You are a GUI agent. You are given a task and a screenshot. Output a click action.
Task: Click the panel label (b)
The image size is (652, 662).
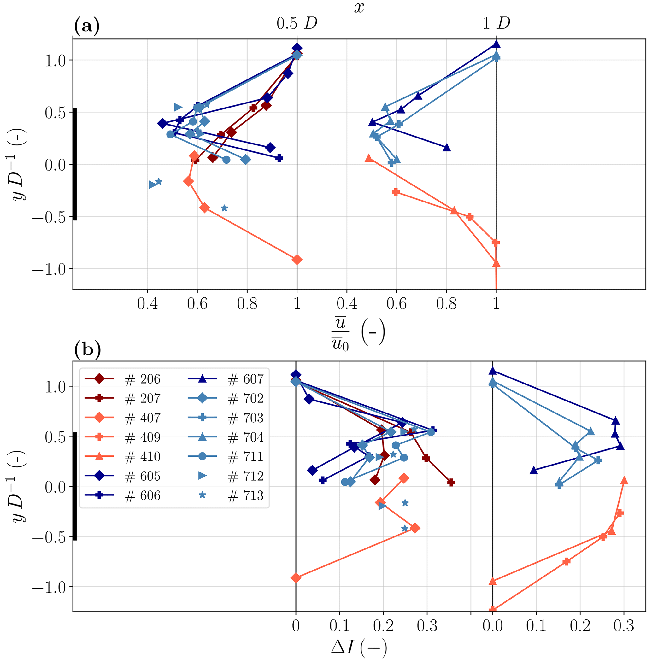pos(87,349)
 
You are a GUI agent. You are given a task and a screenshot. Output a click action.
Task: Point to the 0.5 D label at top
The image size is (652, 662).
pos(297,23)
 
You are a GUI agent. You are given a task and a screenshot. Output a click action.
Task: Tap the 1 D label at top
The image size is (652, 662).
pos(496,23)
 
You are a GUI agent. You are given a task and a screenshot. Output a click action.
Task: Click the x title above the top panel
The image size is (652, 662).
pos(359,7)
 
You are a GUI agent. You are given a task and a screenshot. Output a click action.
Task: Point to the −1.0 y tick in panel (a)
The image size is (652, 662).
pos(49,269)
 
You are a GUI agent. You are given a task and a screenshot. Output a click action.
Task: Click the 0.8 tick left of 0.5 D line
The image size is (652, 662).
pos(247,303)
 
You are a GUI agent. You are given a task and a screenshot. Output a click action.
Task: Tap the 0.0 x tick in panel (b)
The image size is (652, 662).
pos(492,626)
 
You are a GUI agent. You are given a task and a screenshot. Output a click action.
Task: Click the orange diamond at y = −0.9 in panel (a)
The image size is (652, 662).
pos(297,260)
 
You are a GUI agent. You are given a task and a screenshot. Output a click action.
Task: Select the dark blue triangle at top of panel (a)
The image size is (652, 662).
pos(496,44)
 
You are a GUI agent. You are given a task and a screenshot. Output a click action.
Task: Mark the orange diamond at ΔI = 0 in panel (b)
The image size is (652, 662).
pos(296,578)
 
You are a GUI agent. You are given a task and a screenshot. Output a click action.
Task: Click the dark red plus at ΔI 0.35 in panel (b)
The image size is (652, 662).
pos(451,482)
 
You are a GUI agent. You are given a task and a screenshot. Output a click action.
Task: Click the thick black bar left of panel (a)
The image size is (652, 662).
pos(75,164)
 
